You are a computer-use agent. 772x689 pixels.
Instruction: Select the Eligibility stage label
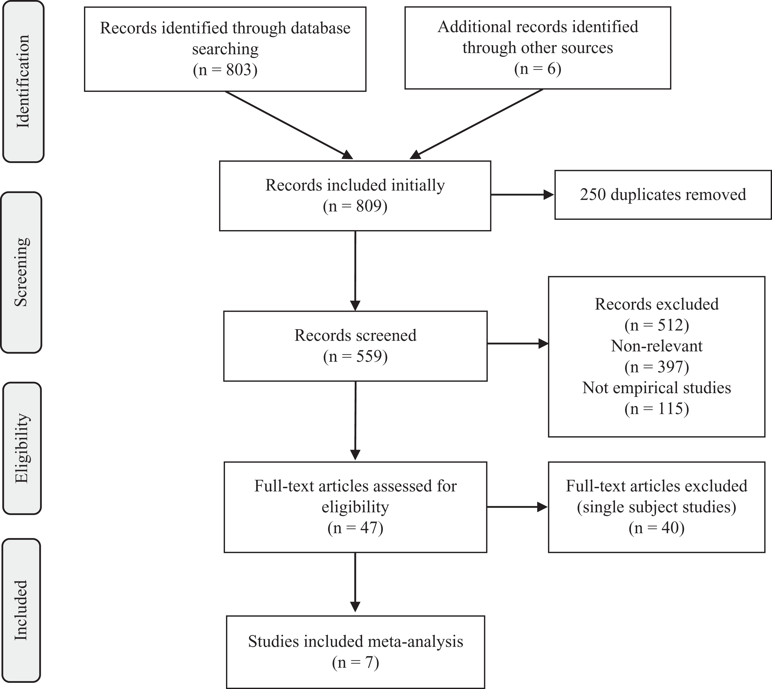pyautogui.click(x=22, y=448)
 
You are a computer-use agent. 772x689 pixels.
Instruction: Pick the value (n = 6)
pyautogui.click(x=538, y=69)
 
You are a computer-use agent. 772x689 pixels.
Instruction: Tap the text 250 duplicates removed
pyautogui.click(x=663, y=195)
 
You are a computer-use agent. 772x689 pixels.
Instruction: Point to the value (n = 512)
pyautogui.click(x=656, y=325)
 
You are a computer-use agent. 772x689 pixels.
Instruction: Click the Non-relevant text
pyautogui.click(x=656, y=346)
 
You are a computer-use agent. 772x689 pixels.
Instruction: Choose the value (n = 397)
pyautogui.click(x=656, y=366)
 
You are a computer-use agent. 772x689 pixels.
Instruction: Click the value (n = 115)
pyautogui.click(x=656, y=409)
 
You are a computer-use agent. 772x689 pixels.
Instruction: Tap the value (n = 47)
pyautogui.click(x=355, y=528)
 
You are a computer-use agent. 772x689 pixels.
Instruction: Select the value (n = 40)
pyautogui.click(x=656, y=528)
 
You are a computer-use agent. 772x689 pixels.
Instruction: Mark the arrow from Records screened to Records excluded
pyautogui.click(x=517, y=344)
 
